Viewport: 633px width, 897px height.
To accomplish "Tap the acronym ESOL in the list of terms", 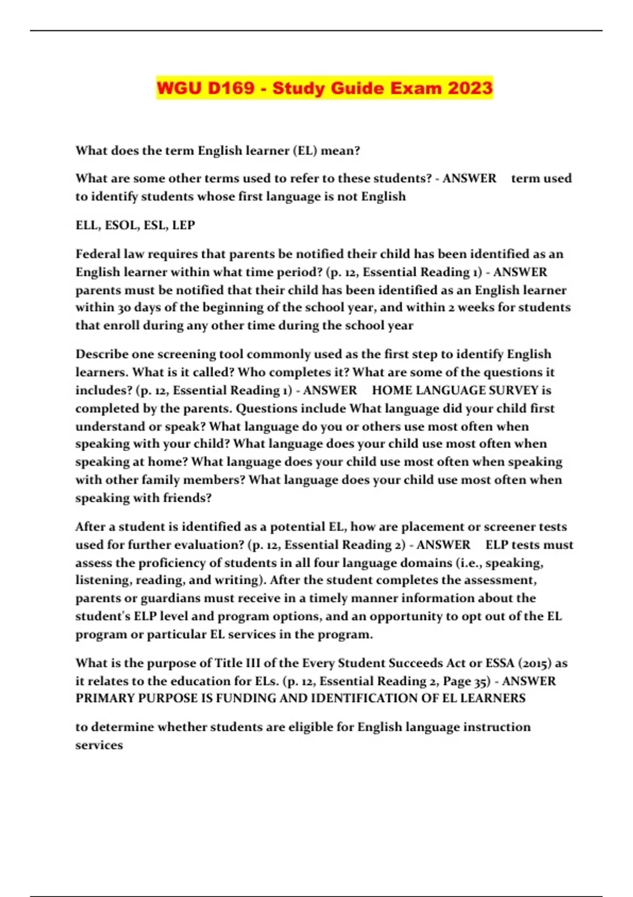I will coord(121,225).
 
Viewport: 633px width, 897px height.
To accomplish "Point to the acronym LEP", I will coord(184,225).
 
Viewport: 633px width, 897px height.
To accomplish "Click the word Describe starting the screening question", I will coord(101,354).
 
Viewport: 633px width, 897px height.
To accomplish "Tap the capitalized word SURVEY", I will coord(513,390).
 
